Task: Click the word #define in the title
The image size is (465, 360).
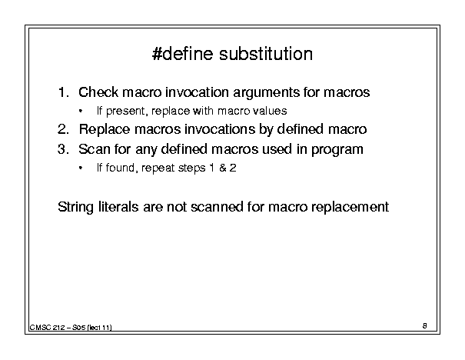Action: pos(182,54)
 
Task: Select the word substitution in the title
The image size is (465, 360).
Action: pos(266,54)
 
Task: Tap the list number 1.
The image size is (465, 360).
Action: pos(64,92)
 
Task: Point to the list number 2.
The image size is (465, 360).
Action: pos(64,129)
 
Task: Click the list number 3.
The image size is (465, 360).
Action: pos(64,149)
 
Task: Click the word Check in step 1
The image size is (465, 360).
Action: pos(98,92)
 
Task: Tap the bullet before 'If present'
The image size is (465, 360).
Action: pos(81,112)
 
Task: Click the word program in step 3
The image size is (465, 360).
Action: pos(337,150)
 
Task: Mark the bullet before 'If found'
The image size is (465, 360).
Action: pos(81,168)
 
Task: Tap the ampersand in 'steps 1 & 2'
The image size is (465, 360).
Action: pos(222,168)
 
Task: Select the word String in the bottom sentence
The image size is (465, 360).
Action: pos(75,207)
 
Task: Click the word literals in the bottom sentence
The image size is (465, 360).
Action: pos(118,207)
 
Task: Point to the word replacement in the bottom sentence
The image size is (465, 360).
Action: pos(350,207)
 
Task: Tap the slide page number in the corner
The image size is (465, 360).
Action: pos(425,326)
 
